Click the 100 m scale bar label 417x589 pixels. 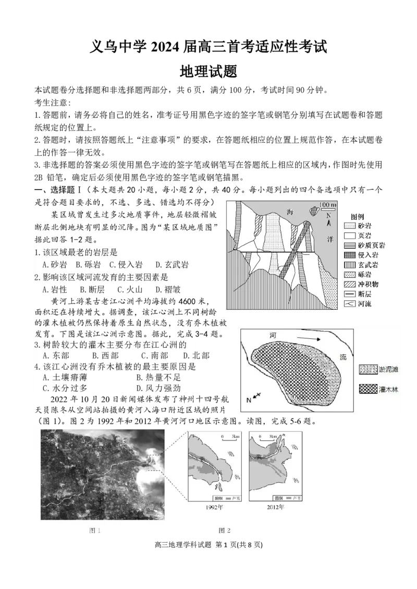point(327,202)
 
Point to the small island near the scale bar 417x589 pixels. point(314,211)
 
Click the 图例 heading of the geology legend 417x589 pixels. point(357,216)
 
